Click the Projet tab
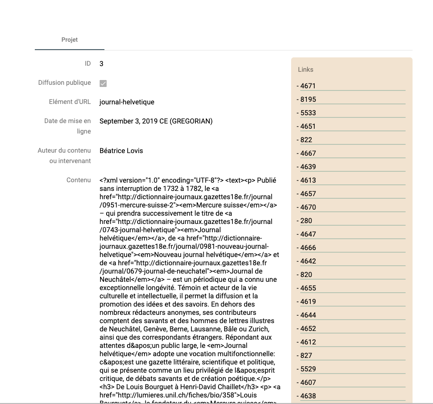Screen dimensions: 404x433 click(x=70, y=40)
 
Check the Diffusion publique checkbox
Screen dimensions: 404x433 click(x=103, y=83)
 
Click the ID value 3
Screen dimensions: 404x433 click(x=101, y=64)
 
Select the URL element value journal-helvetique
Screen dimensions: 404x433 click(x=127, y=102)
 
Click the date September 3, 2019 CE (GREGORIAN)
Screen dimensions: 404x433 click(x=156, y=121)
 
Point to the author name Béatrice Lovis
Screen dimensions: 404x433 click(x=121, y=151)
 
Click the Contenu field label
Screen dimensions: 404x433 click(x=78, y=180)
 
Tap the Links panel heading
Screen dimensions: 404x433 click(x=305, y=70)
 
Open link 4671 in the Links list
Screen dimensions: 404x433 click(x=308, y=86)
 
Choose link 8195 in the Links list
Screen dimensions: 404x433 click(x=308, y=100)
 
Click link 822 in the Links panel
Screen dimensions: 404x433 click(x=306, y=140)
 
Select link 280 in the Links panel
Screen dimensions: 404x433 click(x=306, y=221)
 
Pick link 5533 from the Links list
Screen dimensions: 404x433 click(x=308, y=113)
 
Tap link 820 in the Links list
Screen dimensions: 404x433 click(x=306, y=275)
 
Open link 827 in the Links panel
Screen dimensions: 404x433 click(x=306, y=356)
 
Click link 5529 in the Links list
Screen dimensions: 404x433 click(x=308, y=369)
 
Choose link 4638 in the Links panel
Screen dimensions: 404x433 click(x=308, y=396)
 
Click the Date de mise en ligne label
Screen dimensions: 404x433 click(x=67, y=126)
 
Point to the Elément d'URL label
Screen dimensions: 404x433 click(x=70, y=102)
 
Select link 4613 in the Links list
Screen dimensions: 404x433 click(x=308, y=180)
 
